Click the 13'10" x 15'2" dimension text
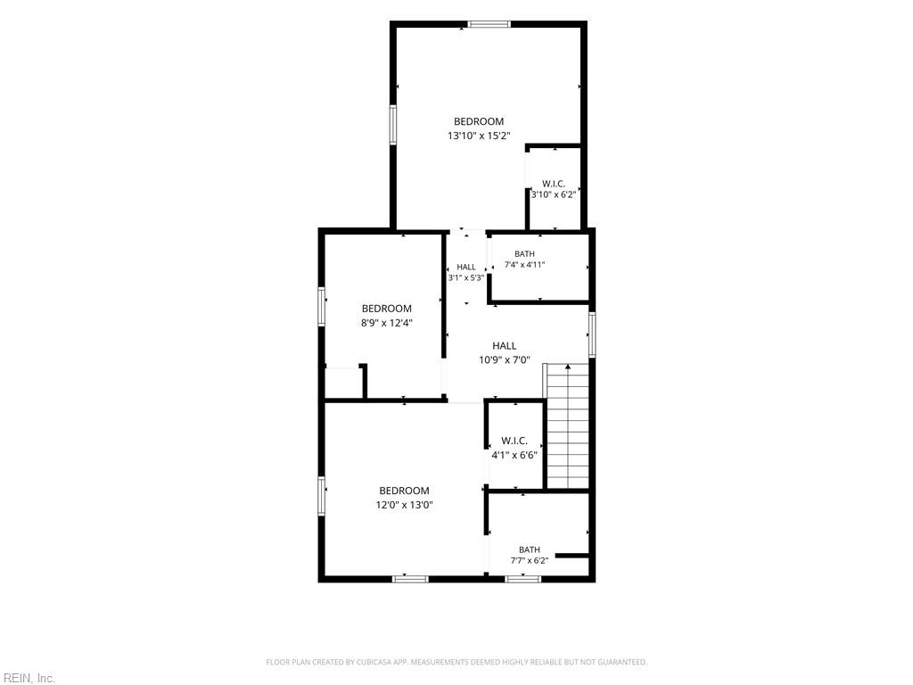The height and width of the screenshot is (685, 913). [479, 136]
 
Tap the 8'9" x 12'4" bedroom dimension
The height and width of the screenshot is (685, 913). [387, 323]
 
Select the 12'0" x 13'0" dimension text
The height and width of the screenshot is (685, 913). [404, 505]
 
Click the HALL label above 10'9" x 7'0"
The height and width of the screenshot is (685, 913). [505, 345]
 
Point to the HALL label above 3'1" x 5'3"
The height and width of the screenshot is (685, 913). [465, 267]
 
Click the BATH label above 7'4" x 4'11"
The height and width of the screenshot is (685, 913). [524, 254]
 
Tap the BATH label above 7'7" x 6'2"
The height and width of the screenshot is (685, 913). [530, 549]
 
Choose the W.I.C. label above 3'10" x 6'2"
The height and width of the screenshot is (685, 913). [553, 184]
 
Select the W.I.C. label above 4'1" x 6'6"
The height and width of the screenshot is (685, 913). [514, 441]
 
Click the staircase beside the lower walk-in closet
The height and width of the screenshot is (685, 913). [567, 426]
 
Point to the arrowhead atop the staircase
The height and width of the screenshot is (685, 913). [568, 367]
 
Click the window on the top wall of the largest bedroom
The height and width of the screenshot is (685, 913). [489, 24]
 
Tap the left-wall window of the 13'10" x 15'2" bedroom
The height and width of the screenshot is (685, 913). [393, 125]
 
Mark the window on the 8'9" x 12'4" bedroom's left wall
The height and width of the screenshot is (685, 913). [321, 307]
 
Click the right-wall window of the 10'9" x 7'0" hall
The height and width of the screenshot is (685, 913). [592, 334]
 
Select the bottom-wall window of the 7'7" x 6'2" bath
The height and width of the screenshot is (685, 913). [522, 579]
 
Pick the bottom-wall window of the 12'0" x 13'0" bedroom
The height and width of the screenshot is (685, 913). [410, 579]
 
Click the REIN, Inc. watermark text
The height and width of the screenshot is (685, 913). [28, 678]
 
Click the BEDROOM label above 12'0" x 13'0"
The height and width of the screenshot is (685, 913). [404, 491]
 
